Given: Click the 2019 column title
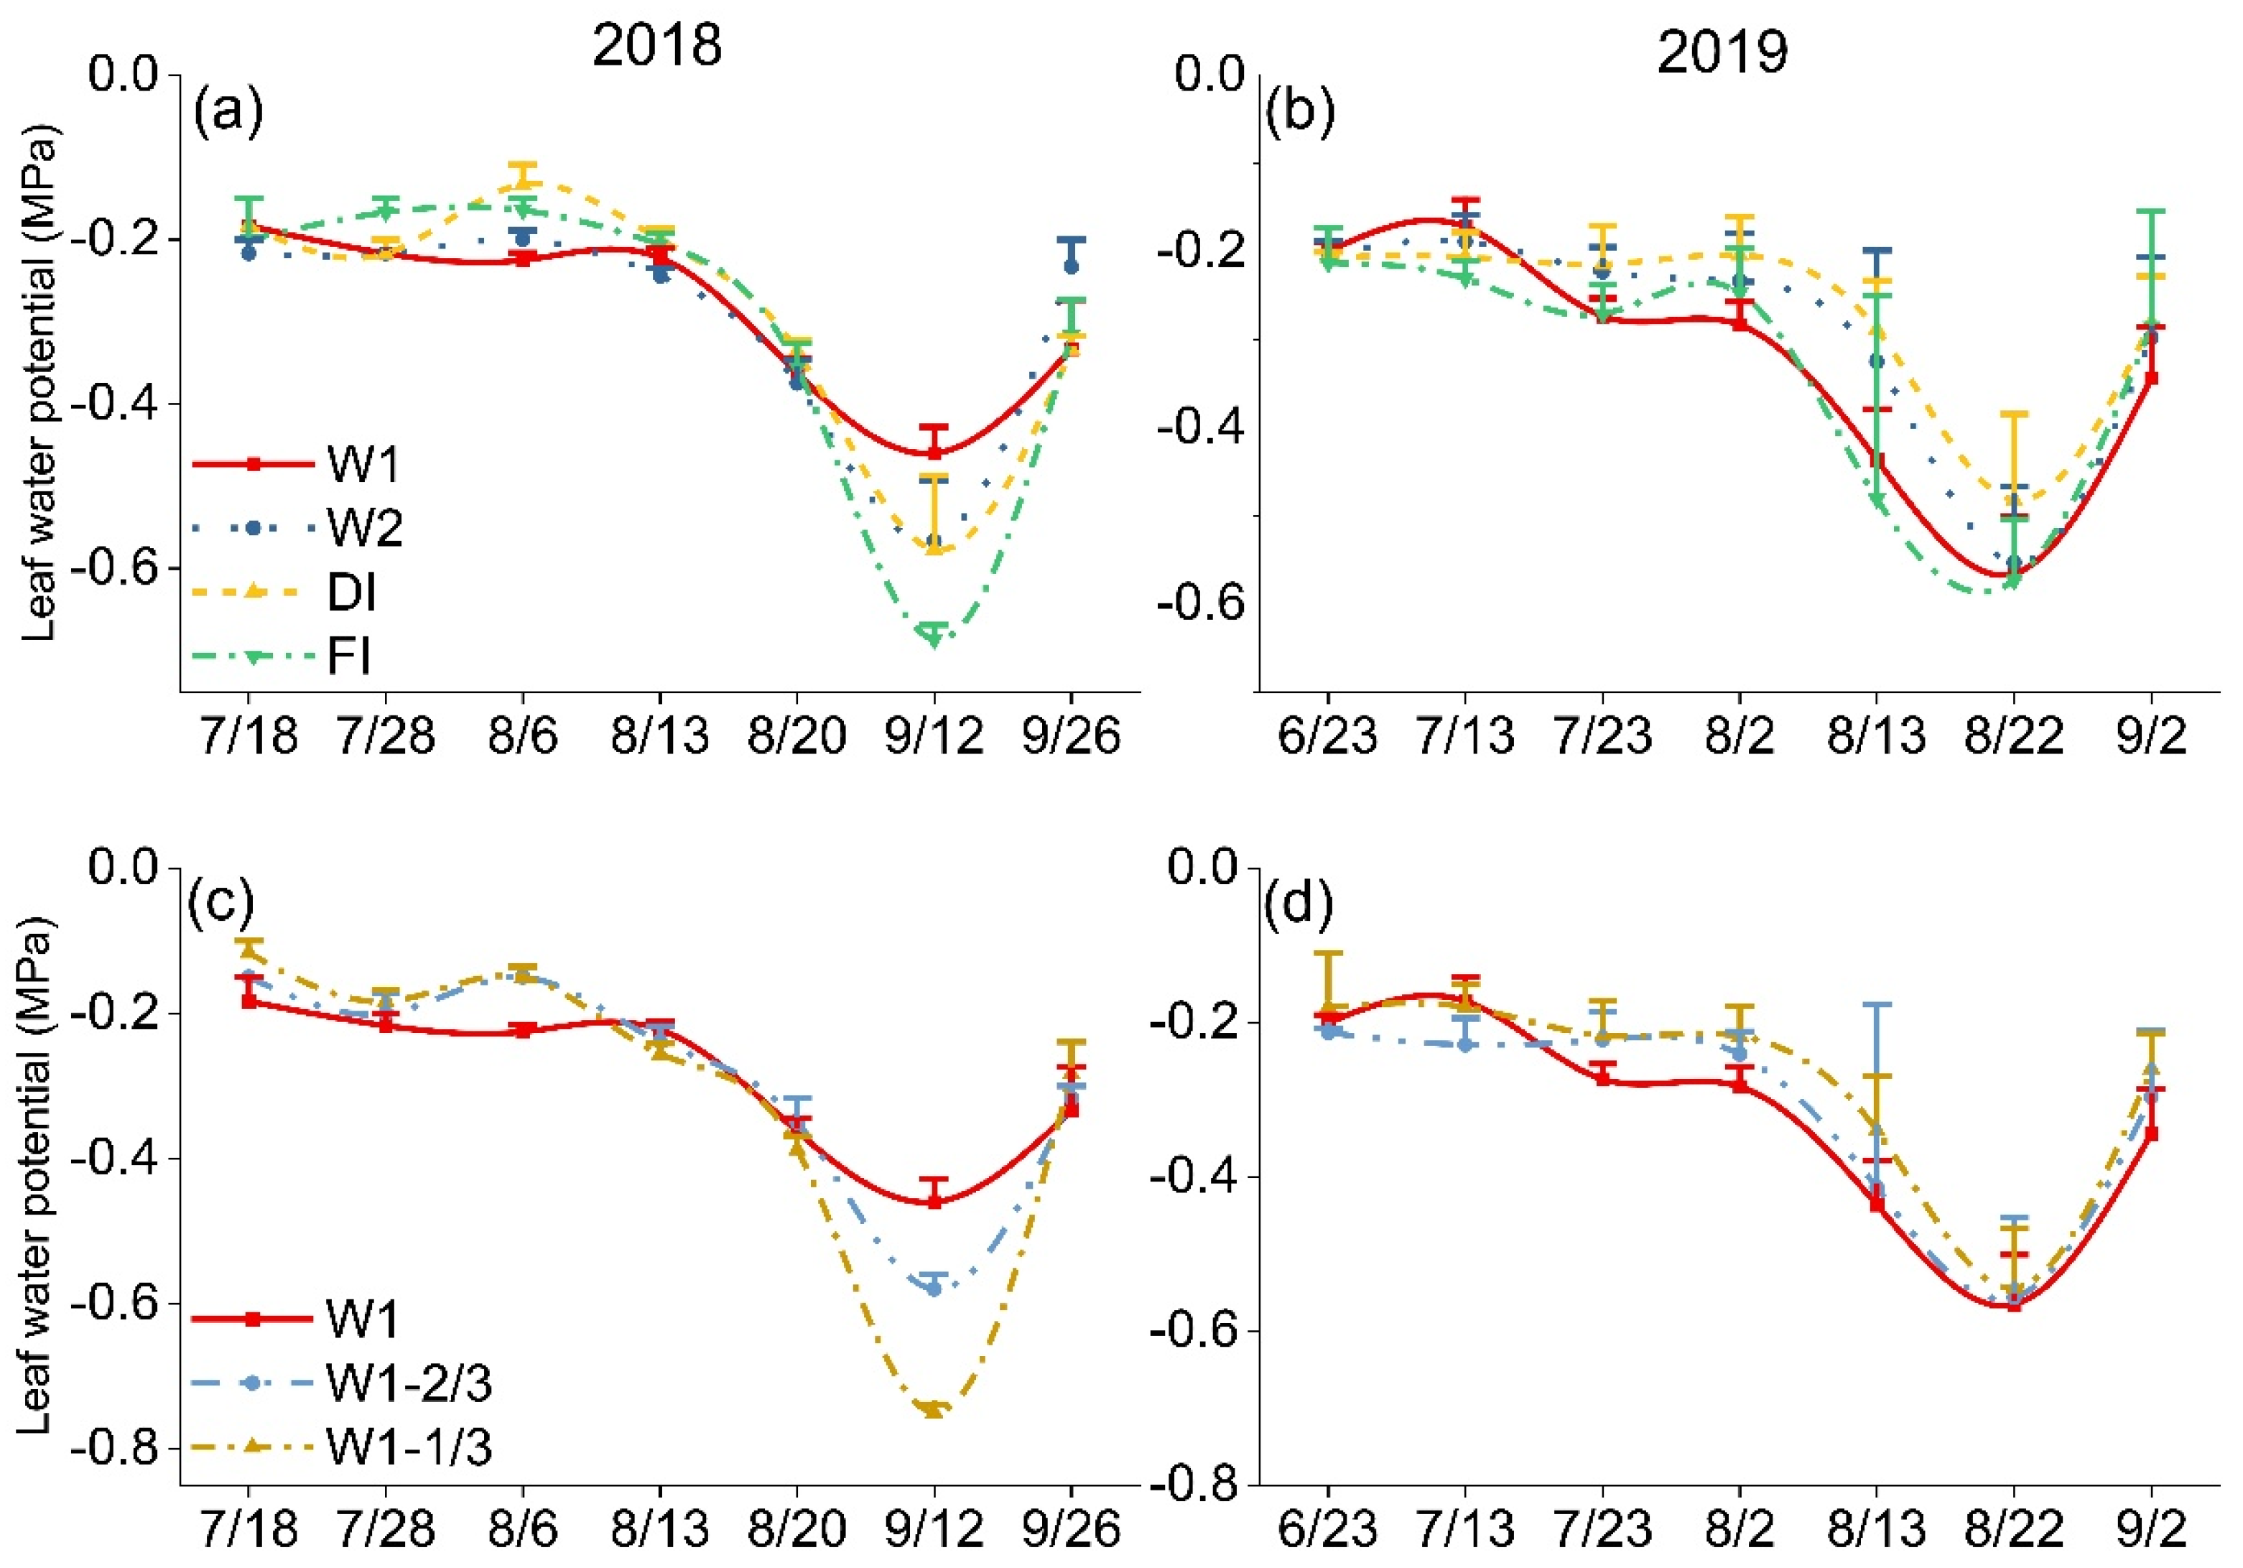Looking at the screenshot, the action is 1722,51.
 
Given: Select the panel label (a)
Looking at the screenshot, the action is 228,112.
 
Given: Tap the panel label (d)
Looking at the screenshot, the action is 1299,906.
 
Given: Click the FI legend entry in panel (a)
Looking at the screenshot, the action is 283,657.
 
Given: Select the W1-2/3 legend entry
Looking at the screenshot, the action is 342,1383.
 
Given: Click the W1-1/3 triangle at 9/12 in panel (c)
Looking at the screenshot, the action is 934,1409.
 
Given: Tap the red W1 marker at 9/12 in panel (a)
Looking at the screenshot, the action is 934,451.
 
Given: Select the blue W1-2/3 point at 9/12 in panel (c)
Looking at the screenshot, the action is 934,1289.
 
